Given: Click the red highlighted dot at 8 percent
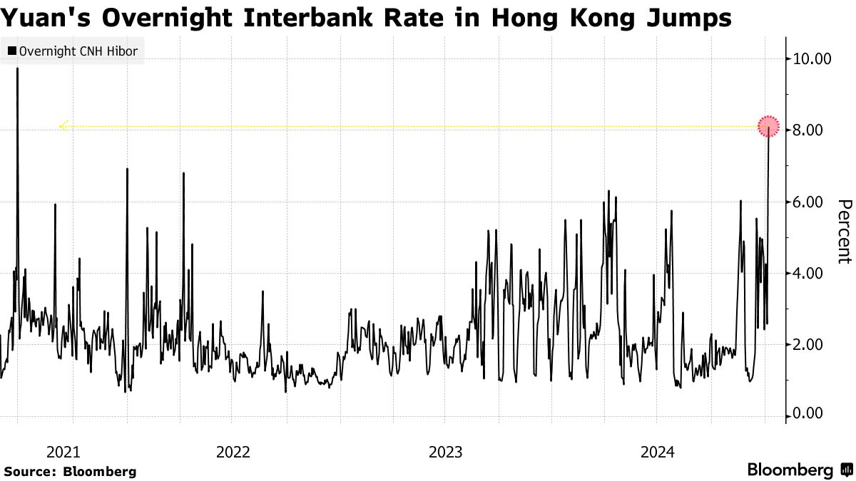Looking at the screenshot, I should (x=768, y=127).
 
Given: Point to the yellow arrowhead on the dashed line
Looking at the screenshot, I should (x=63, y=127).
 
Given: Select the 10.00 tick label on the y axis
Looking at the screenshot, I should (x=812, y=58).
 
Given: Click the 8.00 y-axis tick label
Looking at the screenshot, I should (x=810, y=130).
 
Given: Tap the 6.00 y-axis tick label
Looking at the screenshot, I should (x=810, y=202).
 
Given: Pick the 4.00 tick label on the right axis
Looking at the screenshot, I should (x=810, y=273).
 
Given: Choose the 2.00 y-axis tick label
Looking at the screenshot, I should (x=810, y=344).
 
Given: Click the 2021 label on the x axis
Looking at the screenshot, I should (x=63, y=451).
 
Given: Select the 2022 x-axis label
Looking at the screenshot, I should (x=233, y=451).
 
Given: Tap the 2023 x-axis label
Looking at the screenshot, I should (x=446, y=451).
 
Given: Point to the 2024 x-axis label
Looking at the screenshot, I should (x=658, y=451).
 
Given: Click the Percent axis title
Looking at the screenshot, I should (x=844, y=231).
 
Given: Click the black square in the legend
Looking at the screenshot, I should (x=11, y=51).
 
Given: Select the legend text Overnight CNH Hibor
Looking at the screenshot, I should (x=78, y=51).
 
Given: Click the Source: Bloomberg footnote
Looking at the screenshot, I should (x=70, y=471).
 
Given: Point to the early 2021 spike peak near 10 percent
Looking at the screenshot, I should (x=17, y=69).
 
